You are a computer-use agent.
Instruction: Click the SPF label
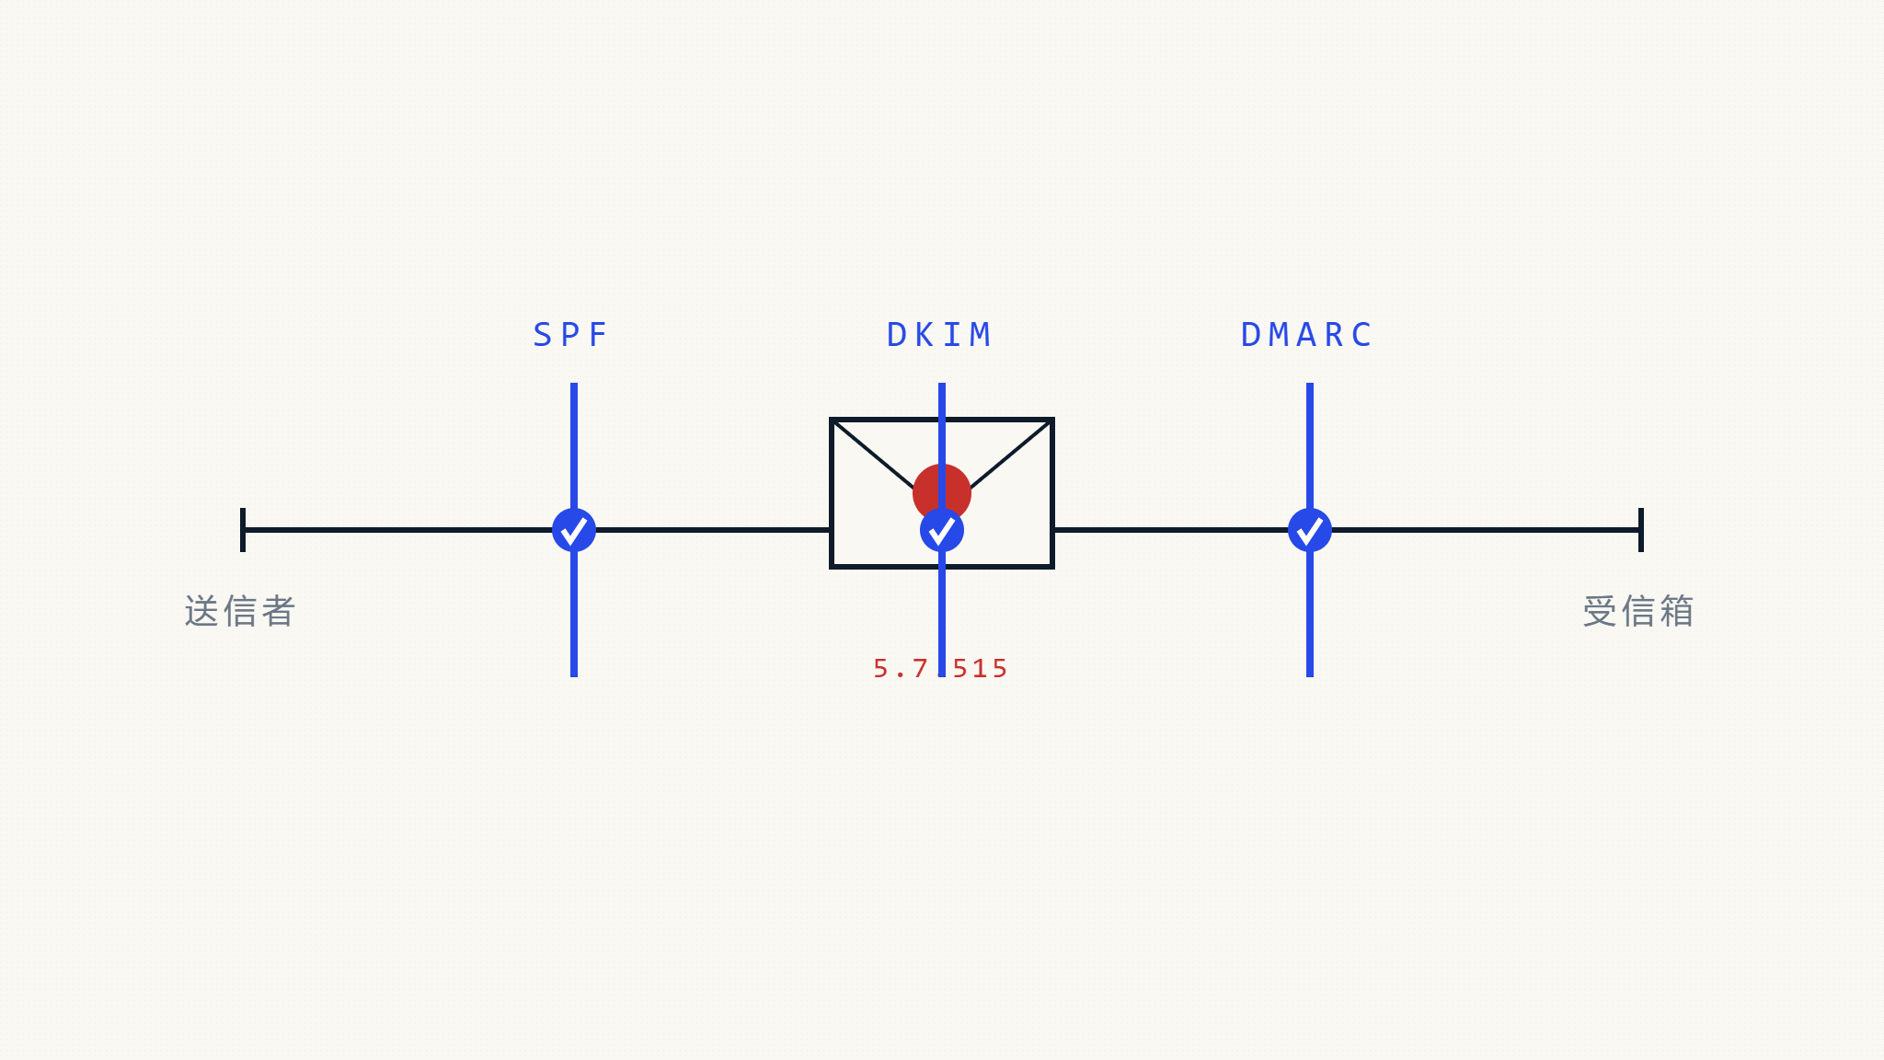[x=570, y=335]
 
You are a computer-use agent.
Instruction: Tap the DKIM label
[x=939, y=335]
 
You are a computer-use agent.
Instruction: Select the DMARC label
[x=1307, y=335]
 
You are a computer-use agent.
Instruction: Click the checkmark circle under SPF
[x=574, y=530]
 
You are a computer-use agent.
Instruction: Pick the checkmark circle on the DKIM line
[x=942, y=530]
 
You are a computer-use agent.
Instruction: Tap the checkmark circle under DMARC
[x=1310, y=530]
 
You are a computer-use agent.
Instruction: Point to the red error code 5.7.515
[x=940, y=668]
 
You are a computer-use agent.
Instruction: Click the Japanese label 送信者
[x=240, y=611]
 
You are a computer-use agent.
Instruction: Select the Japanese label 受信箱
[x=1638, y=611]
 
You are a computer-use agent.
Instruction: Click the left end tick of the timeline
[x=243, y=530]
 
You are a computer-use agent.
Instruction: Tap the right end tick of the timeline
[x=1641, y=530]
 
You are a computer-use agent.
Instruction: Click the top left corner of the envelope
[x=832, y=420]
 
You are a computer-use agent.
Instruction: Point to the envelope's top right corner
[x=1052, y=420]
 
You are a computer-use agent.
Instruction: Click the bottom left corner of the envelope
[x=832, y=567]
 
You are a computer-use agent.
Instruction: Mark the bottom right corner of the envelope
[x=1052, y=567]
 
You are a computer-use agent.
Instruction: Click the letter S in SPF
[x=543, y=335]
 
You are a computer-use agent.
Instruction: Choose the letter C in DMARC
[x=1362, y=335]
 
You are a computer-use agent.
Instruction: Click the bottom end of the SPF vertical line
[x=574, y=676]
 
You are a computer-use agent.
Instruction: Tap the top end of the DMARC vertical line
[x=1310, y=384]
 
